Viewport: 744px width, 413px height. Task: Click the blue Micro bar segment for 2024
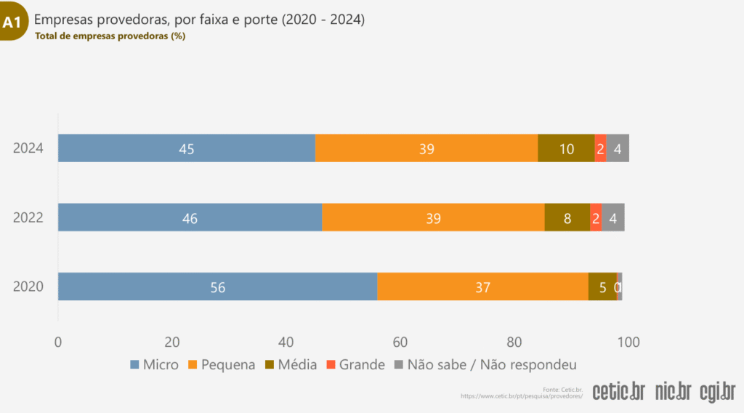(187, 148)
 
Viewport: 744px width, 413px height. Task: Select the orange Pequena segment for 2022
(433, 217)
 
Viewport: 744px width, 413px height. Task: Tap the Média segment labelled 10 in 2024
(566, 148)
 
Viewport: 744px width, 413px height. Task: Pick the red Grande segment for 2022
(596, 217)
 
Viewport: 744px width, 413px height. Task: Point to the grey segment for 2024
(618, 148)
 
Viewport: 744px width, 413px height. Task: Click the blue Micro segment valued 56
(217, 286)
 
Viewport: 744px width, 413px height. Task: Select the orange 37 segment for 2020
(482, 286)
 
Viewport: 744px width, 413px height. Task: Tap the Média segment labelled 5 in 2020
(602, 286)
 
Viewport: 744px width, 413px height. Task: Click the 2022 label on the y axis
(28, 217)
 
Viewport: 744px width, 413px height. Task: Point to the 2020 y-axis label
(28, 286)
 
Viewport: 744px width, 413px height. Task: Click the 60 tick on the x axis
(400, 342)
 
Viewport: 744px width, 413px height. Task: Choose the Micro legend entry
(154, 364)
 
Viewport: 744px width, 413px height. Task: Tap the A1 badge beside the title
(12, 23)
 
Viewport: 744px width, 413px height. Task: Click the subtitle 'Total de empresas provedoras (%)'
(110, 36)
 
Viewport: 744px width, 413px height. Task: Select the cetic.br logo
(618, 391)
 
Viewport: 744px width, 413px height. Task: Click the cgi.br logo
(718, 391)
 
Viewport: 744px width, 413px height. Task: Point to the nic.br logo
(673, 391)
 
